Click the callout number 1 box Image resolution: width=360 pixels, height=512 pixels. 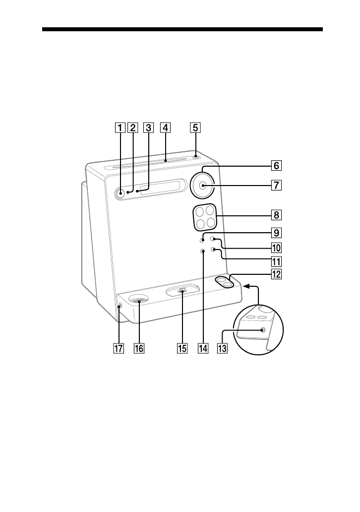tap(120, 128)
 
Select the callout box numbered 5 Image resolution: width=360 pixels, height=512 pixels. tap(195, 128)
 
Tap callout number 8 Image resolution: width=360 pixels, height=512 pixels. tap(276, 215)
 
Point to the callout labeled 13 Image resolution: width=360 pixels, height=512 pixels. tap(222, 348)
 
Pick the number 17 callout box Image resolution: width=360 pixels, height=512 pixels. tap(119, 348)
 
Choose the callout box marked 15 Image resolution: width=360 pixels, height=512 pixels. tap(182, 348)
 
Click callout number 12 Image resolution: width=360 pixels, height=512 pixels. tap(276, 274)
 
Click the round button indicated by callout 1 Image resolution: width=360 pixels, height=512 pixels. tap(120, 193)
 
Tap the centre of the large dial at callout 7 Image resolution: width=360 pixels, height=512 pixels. tap(202, 186)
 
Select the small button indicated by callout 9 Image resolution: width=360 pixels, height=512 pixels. tap(202, 240)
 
